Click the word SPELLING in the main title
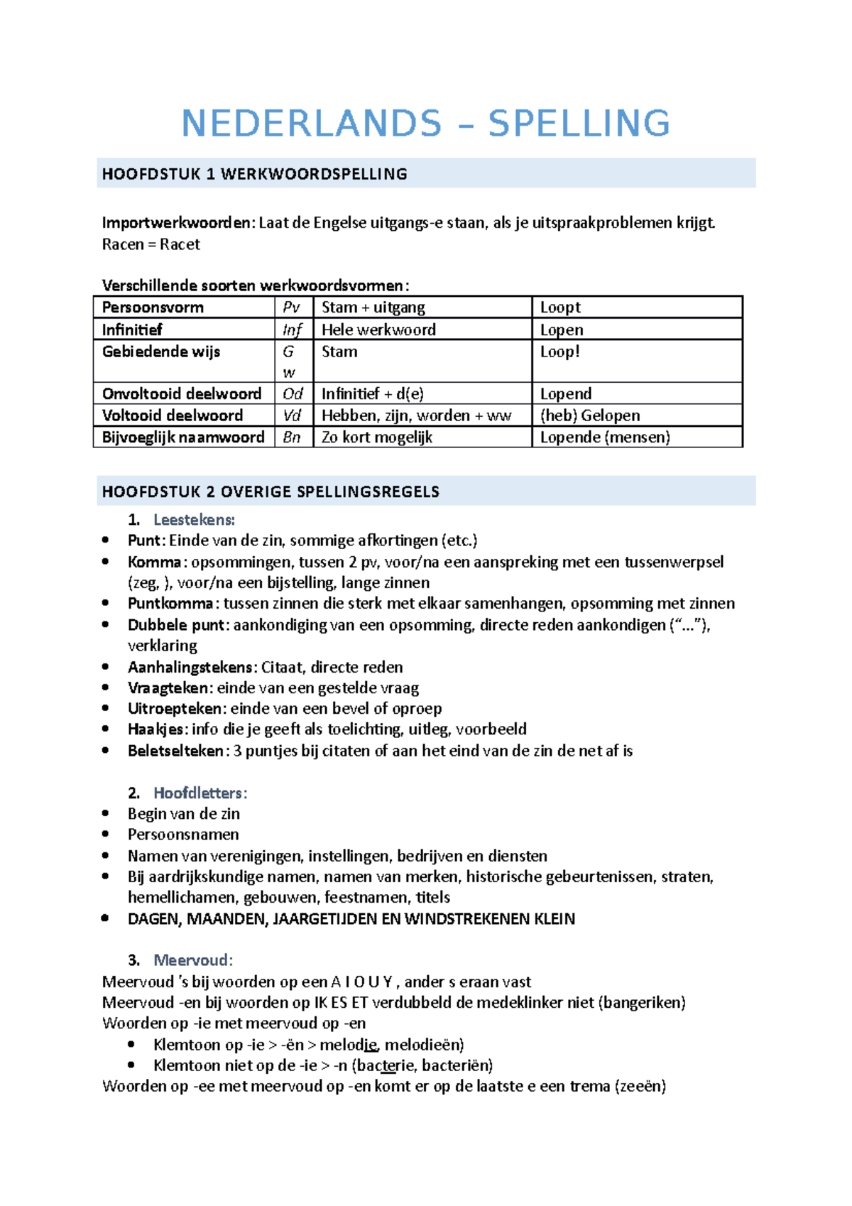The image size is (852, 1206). tap(579, 124)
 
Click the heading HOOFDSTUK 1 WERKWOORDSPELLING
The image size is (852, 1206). tap(254, 174)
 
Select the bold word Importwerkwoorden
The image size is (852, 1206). tap(177, 223)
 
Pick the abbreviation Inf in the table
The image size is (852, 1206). tap(292, 330)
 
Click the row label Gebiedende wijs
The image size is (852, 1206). tap(161, 352)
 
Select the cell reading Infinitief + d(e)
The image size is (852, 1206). tap(372, 393)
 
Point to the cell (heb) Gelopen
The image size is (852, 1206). tap(589, 415)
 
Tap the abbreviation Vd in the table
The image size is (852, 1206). tap(292, 415)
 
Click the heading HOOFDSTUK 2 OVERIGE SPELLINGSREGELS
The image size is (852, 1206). tap(271, 491)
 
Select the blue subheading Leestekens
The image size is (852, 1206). tap(194, 520)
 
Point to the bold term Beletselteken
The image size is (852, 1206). tap(175, 751)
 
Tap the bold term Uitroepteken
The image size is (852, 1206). tap(175, 709)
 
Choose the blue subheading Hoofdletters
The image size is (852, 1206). tap(200, 793)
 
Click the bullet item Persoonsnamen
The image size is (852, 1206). tap(183, 835)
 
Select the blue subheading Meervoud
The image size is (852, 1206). tap(192, 960)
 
